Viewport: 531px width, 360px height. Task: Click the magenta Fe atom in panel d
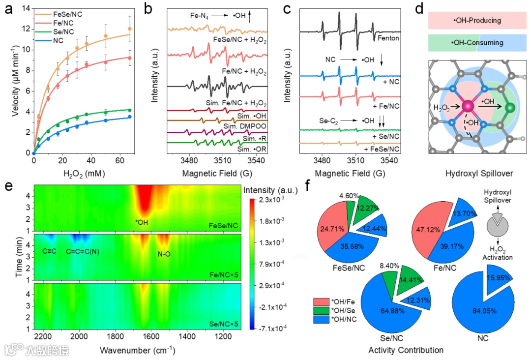tap(468, 105)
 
